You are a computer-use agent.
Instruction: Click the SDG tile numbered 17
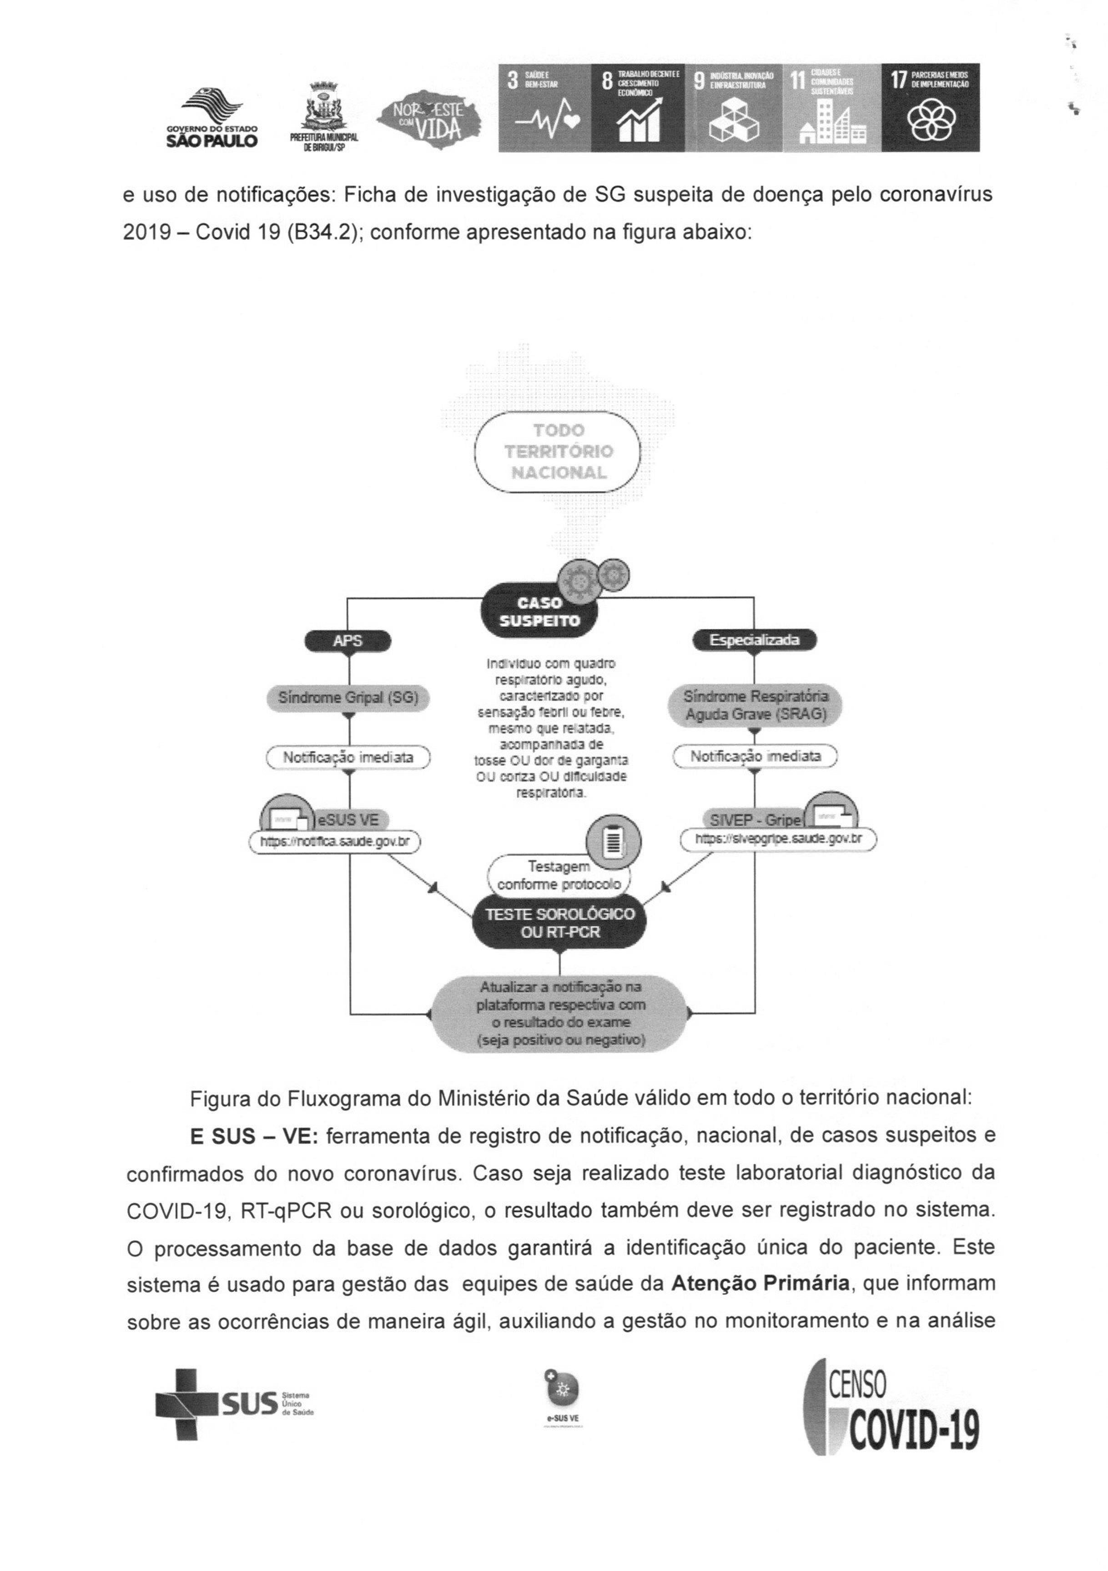(930, 107)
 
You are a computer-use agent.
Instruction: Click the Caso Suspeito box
(539, 611)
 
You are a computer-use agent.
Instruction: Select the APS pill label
(348, 641)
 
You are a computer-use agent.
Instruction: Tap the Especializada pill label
(755, 641)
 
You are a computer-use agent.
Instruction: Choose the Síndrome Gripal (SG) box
(348, 698)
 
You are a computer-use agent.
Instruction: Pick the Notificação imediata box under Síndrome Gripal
(348, 758)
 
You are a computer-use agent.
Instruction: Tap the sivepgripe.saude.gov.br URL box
(778, 838)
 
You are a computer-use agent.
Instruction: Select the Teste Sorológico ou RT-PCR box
(559, 922)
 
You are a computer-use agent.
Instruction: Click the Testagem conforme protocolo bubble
(559, 875)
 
